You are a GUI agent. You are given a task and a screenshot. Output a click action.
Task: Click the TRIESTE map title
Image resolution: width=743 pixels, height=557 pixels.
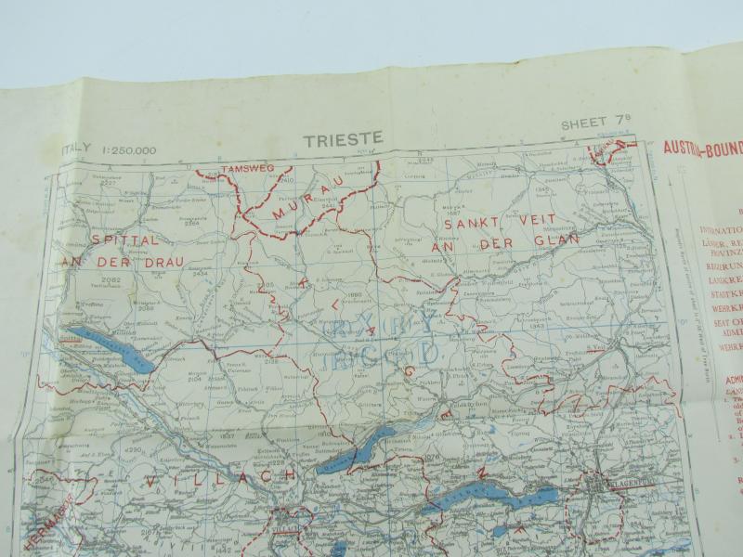342,140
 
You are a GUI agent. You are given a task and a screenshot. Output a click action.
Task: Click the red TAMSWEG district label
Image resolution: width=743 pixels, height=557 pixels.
245,170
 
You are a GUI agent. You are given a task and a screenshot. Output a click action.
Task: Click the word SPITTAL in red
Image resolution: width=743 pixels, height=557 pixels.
127,239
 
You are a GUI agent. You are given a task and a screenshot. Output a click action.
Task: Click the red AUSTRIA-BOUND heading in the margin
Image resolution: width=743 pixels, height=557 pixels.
701,148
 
